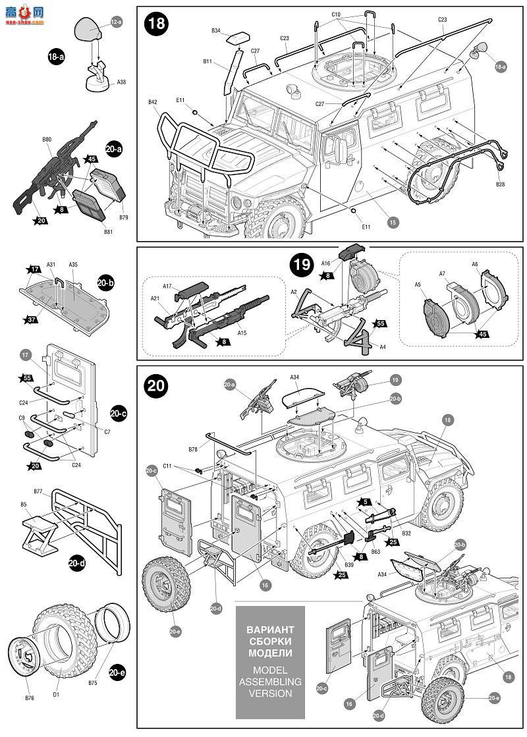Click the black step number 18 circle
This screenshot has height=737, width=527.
click(157, 24)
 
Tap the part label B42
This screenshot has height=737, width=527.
click(152, 102)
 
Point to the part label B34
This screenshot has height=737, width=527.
click(216, 30)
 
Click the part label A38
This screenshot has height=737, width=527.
click(121, 82)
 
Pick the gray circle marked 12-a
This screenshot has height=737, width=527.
click(117, 22)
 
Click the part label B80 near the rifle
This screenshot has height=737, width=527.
click(46, 140)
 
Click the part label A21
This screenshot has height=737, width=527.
click(154, 298)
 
